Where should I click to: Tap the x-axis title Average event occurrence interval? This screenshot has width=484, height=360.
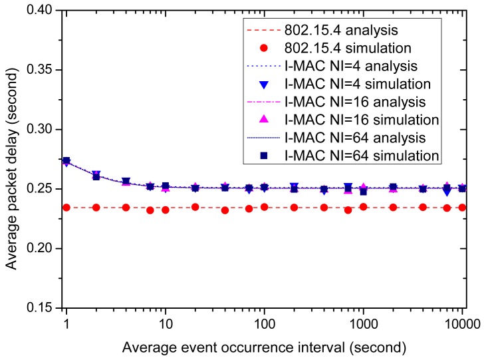(265, 346)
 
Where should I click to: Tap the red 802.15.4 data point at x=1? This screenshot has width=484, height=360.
(66, 208)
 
